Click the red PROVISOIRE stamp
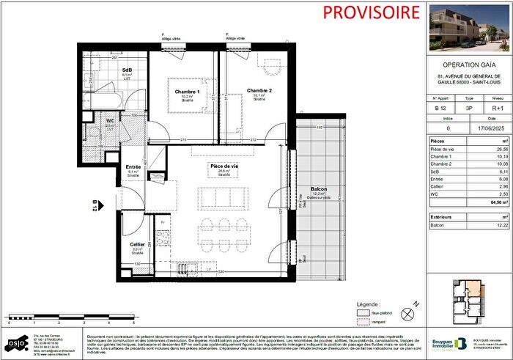pos(361,12)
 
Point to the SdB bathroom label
pos(126,70)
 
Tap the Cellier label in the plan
pos(137,243)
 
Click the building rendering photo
pos(469,28)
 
